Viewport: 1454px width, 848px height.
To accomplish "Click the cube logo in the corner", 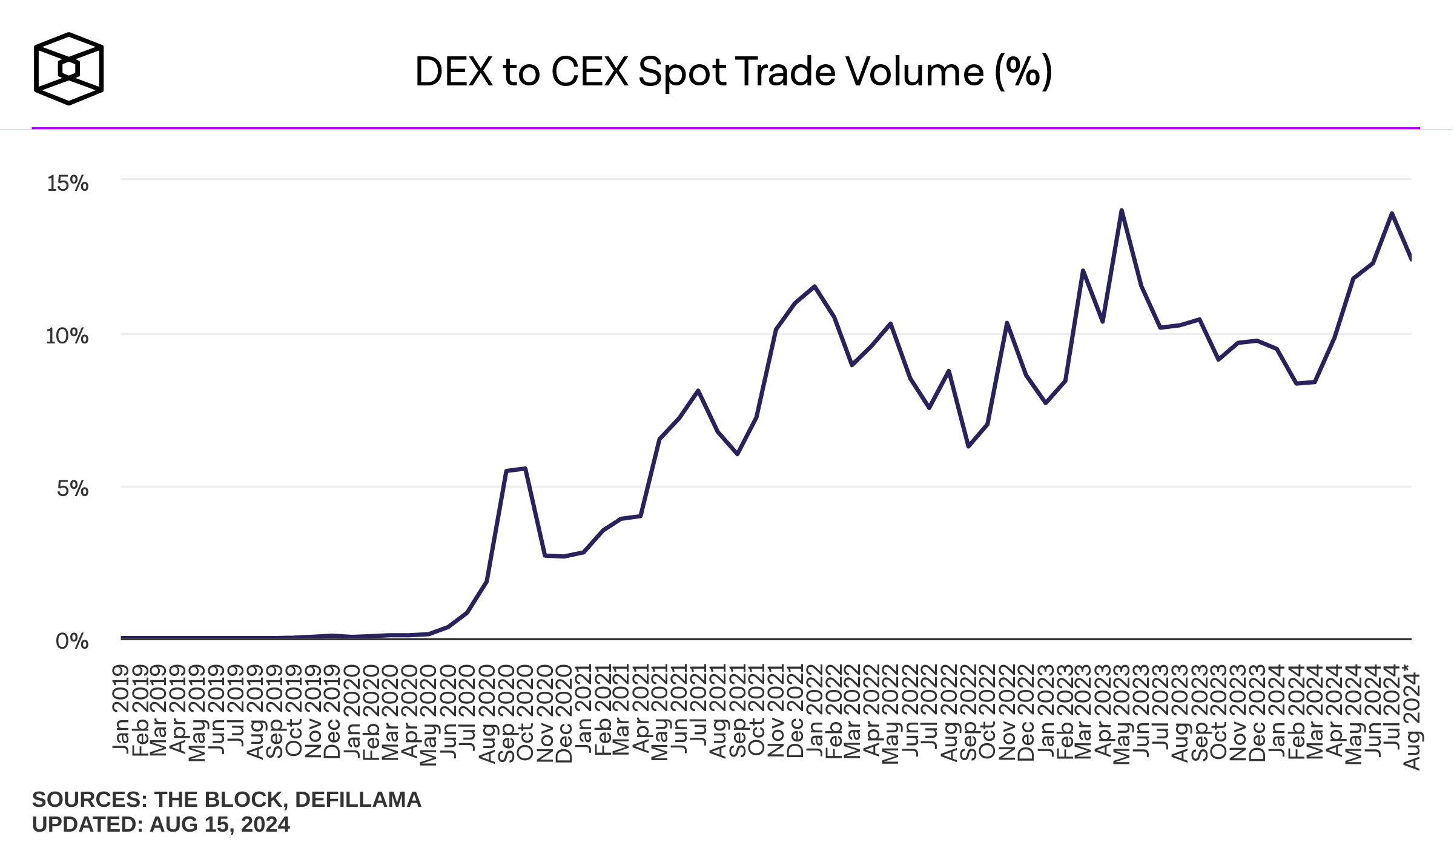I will point(68,68).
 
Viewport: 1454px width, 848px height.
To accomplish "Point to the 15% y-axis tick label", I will point(68,183).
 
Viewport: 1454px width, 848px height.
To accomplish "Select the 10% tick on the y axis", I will point(67,336).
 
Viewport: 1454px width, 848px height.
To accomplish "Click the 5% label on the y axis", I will point(73,488).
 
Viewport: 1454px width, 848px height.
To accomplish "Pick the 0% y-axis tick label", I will point(72,641).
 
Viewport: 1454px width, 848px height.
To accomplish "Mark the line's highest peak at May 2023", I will point(1122,210).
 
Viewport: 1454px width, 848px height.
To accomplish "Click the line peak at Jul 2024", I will point(1392,213).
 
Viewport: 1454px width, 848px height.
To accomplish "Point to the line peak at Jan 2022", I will point(815,287).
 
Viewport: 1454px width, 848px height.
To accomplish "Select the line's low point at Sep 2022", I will point(968,446).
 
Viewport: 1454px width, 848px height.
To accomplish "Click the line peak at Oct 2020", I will point(525,468).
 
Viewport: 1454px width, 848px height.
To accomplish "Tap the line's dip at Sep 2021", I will point(738,454).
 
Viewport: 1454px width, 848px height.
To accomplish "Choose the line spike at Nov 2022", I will point(1006,323).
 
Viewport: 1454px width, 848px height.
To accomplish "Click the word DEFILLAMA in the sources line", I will point(358,800).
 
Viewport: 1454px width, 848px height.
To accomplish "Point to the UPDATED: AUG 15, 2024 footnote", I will point(160,824).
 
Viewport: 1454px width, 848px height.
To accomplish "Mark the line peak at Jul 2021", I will point(698,391).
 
